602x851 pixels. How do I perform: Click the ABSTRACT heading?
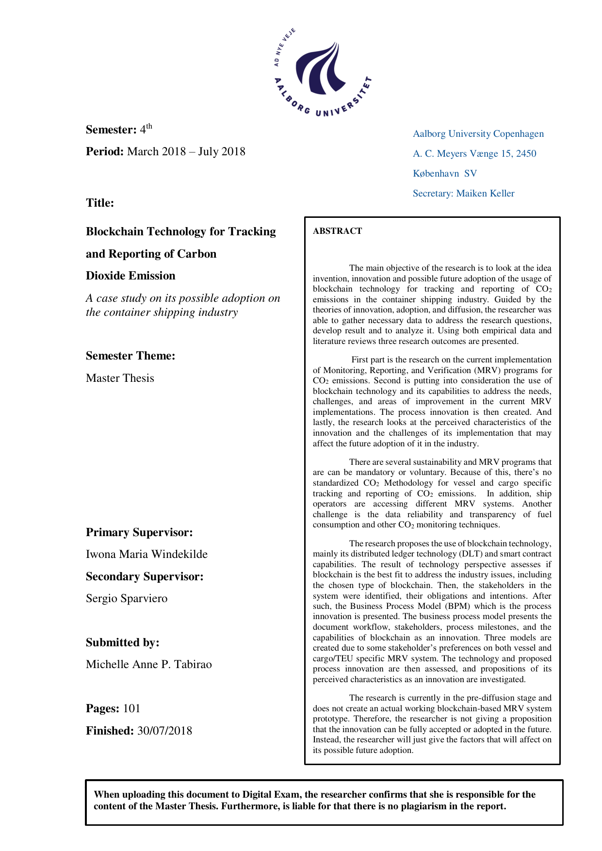point(337,231)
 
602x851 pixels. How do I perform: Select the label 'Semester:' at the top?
point(111,130)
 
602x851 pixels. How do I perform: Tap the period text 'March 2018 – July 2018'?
point(186,151)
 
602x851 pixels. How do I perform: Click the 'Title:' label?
point(100,203)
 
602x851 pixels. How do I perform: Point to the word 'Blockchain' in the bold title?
point(114,231)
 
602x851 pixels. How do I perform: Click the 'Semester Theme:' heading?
point(130,356)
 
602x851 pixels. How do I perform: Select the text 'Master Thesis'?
point(120,378)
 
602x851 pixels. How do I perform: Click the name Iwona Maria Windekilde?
point(146,554)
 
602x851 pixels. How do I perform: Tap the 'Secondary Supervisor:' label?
point(145,576)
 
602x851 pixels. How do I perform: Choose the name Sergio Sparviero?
point(127,598)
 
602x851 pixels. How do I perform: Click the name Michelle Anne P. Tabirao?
point(149,664)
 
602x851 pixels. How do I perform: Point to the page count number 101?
point(131,708)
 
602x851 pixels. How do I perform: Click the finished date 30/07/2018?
point(164,731)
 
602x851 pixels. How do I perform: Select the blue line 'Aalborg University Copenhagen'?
point(478,133)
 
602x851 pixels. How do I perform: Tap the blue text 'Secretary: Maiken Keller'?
point(463,193)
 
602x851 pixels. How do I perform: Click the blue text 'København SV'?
point(445,173)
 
